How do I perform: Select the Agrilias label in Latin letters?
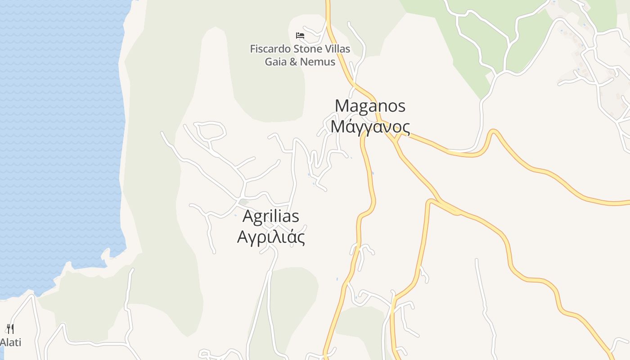[x=270, y=216]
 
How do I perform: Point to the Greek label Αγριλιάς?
[x=270, y=237]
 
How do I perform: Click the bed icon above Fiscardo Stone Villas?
[x=300, y=35]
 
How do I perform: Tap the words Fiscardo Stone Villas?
[x=300, y=49]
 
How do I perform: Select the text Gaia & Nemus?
[x=300, y=62]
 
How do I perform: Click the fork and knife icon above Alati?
[x=10, y=329]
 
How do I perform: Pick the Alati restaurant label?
[x=10, y=342]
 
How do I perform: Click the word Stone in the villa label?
[x=306, y=49]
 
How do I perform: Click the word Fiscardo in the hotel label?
[x=270, y=49]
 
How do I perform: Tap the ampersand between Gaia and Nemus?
[x=293, y=62]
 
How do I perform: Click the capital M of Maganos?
[x=342, y=106]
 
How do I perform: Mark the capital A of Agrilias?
[x=247, y=216]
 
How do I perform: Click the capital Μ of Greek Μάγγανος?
[x=337, y=127]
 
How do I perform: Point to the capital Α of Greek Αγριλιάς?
[x=242, y=237]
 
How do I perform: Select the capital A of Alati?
[x=3, y=342]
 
